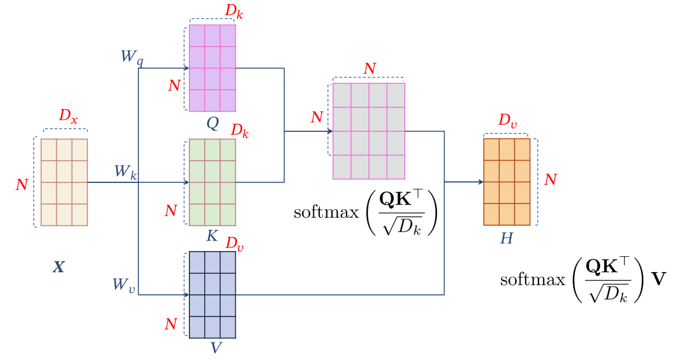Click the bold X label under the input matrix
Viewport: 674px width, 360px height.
(x=59, y=268)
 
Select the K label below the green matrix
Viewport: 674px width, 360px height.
(x=212, y=236)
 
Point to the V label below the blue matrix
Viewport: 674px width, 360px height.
(x=216, y=348)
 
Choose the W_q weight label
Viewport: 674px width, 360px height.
(x=131, y=57)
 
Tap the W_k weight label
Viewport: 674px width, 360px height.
(x=126, y=172)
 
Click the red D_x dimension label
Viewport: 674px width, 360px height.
(x=68, y=117)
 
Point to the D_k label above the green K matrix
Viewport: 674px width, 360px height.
(x=239, y=131)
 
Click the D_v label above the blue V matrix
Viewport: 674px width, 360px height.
(x=235, y=243)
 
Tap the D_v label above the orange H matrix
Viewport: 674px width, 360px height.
(x=508, y=121)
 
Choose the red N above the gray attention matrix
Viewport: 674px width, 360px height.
(x=369, y=69)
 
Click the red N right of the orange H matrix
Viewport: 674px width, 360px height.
(x=550, y=179)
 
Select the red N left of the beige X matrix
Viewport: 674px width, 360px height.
(x=22, y=185)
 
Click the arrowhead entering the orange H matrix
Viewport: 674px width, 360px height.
(x=480, y=182)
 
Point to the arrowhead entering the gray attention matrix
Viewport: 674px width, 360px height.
(x=330, y=131)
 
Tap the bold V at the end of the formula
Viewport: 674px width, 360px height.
(x=659, y=279)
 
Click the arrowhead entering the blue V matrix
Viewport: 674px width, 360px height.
(x=187, y=294)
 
